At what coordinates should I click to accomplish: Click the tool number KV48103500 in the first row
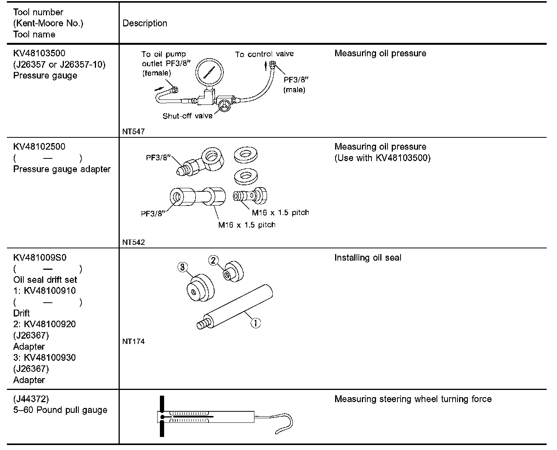tap(39, 53)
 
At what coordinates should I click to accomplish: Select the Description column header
tap(145, 23)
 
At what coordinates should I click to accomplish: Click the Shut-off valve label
tap(187, 116)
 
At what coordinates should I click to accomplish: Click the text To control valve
tap(264, 54)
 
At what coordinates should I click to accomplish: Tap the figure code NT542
tap(134, 242)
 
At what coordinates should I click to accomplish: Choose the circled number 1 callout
tap(256, 323)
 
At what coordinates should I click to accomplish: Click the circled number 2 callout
tap(213, 261)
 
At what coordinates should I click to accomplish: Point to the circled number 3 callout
tap(182, 267)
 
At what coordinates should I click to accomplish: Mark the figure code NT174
tap(134, 342)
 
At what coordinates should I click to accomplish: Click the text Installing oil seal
tap(368, 258)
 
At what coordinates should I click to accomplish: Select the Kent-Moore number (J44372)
tap(31, 399)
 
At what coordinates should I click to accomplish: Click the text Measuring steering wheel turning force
tap(413, 399)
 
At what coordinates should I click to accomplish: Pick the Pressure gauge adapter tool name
tap(62, 169)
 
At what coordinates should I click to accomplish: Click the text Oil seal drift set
tap(45, 280)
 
